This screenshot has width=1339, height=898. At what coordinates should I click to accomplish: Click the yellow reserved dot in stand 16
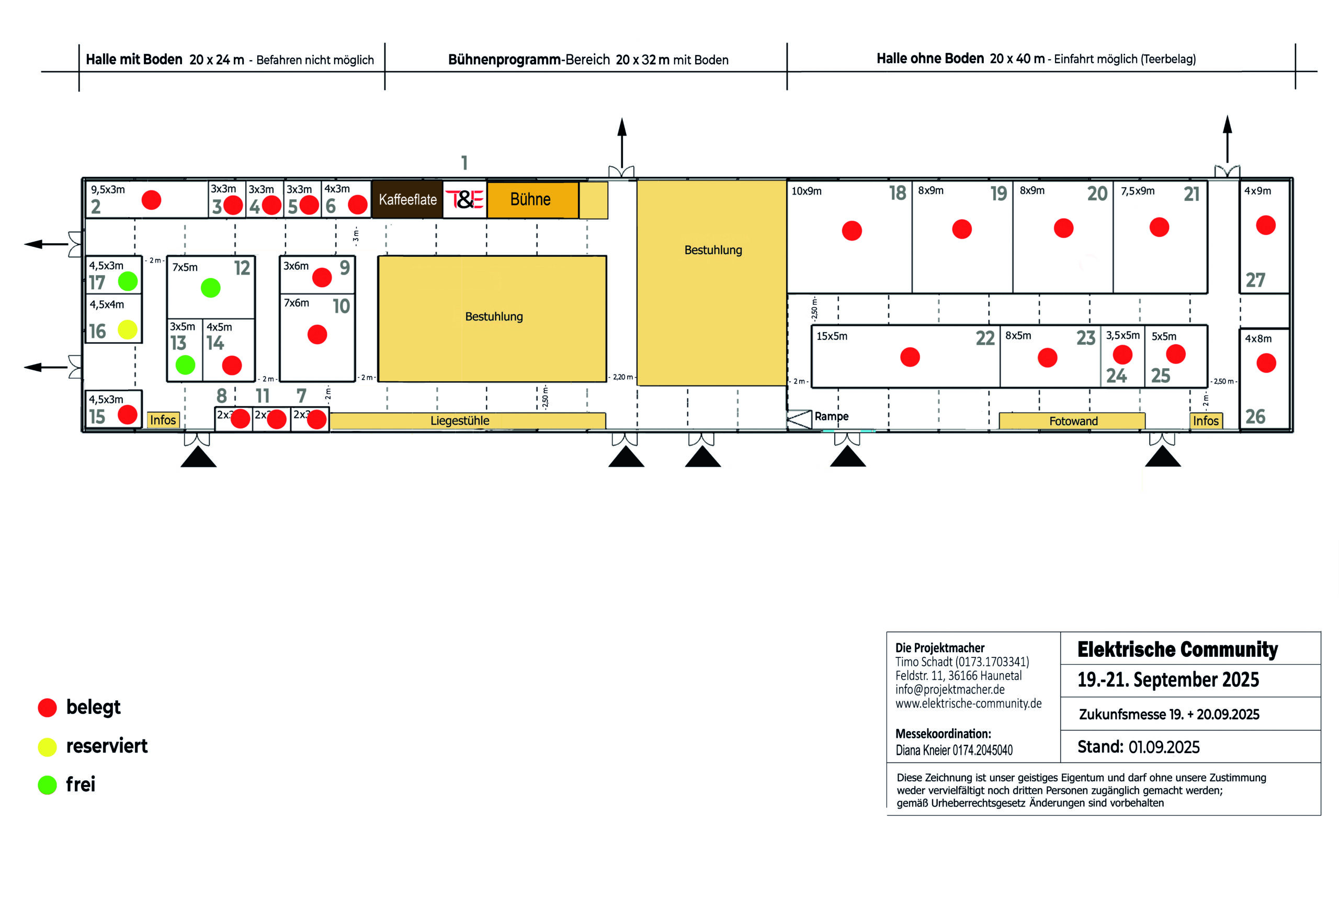pyautogui.click(x=127, y=329)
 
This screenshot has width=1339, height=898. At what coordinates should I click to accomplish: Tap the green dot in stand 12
pyautogui.click(x=210, y=288)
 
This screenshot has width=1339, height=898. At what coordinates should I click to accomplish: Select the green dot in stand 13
pyautogui.click(x=185, y=365)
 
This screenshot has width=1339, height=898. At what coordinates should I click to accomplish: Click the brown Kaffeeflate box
pyautogui.click(x=407, y=199)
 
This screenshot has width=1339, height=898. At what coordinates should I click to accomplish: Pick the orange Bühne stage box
pyautogui.click(x=532, y=199)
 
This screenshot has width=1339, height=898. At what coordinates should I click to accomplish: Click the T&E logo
pyautogui.click(x=464, y=199)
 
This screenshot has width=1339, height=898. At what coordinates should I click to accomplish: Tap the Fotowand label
pyautogui.click(x=1073, y=421)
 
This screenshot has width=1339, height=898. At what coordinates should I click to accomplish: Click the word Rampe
pyautogui.click(x=831, y=416)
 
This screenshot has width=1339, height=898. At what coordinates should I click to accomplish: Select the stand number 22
pyautogui.click(x=984, y=338)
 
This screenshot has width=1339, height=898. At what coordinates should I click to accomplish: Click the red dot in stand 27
pyautogui.click(x=1265, y=225)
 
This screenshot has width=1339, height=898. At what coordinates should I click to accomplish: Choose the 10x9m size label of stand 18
pyautogui.click(x=806, y=191)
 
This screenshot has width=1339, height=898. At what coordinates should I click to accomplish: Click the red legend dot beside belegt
pyautogui.click(x=48, y=707)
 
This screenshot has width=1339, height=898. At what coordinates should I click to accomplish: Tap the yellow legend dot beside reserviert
pyautogui.click(x=48, y=747)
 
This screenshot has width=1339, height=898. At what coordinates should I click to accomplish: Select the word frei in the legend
pyautogui.click(x=80, y=784)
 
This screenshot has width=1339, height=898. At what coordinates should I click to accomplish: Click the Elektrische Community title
pyautogui.click(x=1177, y=650)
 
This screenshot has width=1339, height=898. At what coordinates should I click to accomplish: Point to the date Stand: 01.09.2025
pyautogui.click(x=1138, y=747)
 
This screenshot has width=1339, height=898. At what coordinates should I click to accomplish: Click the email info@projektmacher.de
pyautogui.click(x=949, y=689)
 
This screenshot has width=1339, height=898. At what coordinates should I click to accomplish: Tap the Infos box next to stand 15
pyautogui.click(x=163, y=420)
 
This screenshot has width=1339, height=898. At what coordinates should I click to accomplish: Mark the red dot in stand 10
pyautogui.click(x=317, y=334)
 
